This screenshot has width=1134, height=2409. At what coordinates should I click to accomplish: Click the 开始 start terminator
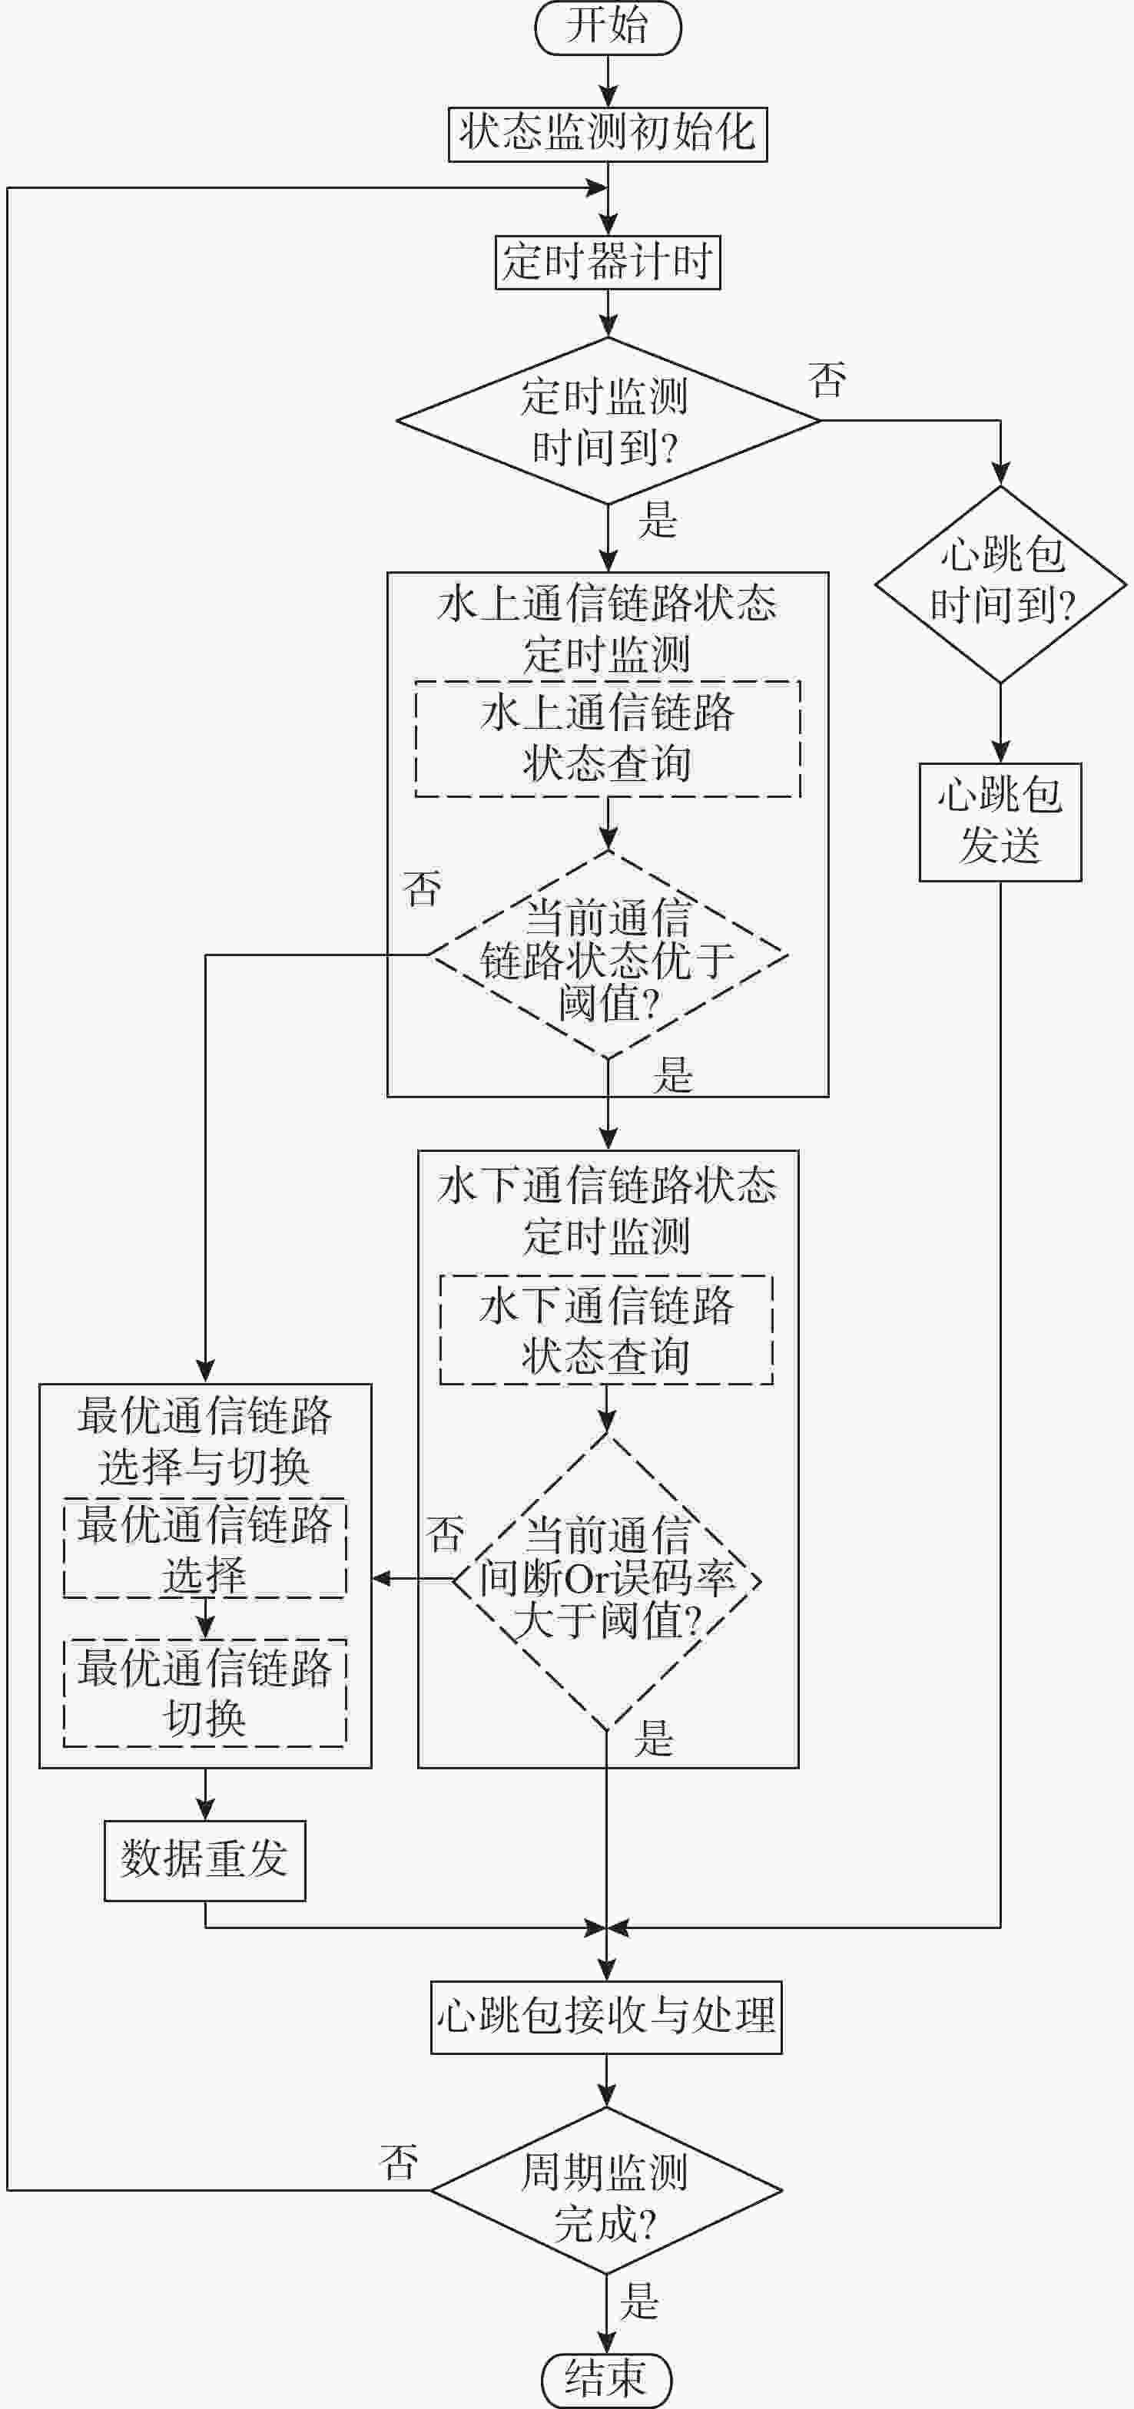607,27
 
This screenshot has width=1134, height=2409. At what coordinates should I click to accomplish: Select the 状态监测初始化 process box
607,134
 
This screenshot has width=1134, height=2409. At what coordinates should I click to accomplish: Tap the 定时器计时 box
607,262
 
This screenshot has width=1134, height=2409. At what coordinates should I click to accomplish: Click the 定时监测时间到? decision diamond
607,421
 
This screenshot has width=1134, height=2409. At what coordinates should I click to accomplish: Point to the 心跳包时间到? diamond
1000,584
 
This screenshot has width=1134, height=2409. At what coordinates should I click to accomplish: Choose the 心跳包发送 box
1000,822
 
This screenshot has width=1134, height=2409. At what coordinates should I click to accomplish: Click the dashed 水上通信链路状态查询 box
607,739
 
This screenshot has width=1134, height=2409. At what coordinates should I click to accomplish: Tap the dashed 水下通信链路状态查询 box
606,1330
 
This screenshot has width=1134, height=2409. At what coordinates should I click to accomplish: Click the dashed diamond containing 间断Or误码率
607,1580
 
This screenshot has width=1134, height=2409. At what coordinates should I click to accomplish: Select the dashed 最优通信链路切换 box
205,1693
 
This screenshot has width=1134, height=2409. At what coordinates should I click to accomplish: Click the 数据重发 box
205,1861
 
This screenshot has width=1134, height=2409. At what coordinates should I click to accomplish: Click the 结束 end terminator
606,2381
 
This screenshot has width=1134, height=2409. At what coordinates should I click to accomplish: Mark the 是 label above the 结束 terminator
640,2301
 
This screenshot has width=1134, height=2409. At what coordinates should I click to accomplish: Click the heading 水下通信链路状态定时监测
607,1211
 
